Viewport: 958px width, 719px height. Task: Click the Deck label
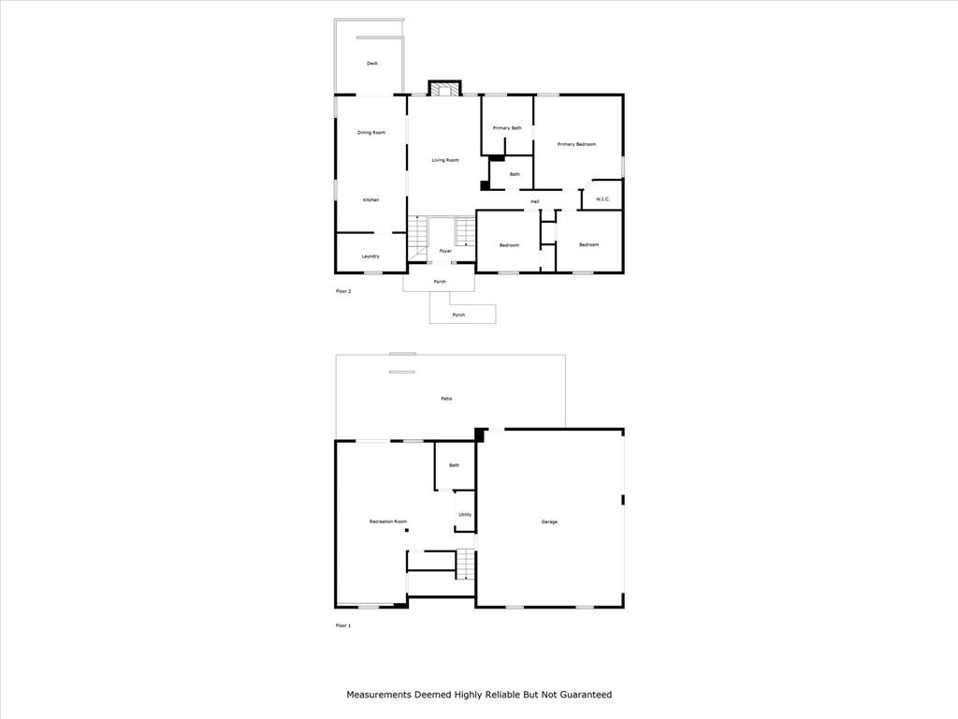pyautogui.click(x=372, y=64)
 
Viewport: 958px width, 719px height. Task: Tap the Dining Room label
pyautogui.click(x=371, y=133)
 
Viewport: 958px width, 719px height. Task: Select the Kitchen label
pyautogui.click(x=370, y=200)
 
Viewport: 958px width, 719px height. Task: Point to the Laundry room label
pyautogui.click(x=370, y=257)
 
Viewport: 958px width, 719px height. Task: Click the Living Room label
pyautogui.click(x=445, y=160)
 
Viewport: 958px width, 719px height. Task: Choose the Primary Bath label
pyautogui.click(x=507, y=128)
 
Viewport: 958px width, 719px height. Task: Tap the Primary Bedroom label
pyautogui.click(x=576, y=144)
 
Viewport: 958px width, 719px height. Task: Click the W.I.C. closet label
pyautogui.click(x=603, y=198)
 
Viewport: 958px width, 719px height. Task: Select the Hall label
pyautogui.click(x=535, y=201)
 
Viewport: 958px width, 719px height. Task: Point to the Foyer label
pyautogui.click(x=445, y=251)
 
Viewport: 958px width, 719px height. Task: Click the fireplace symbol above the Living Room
pyautogui.click(x=444, y=89)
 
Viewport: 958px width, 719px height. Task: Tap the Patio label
pyautogui.click(x=446, y=399)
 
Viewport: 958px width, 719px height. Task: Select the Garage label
pyautogui.click(x=549, y=521)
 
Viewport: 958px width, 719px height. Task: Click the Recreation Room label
pyautogui.click(x=388, y=521)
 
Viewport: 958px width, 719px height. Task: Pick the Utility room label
pyautogui.click(x=465, y=514)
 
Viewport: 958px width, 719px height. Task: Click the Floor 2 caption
pyautogui.click(x=343, y=291)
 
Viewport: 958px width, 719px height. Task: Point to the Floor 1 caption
pyautogui.click(x=343, y=625)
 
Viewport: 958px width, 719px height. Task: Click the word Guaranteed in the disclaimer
pyautogui.click(x=587, y=695)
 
